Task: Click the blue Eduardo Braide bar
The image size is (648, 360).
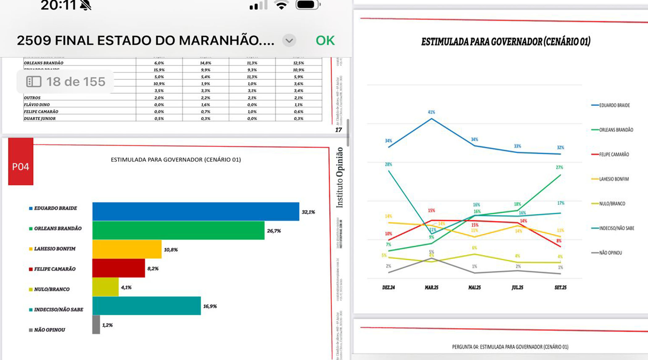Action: (196, 211)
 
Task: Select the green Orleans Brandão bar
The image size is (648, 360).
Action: (178, 230)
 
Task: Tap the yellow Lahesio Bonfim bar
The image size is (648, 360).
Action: (127, 249)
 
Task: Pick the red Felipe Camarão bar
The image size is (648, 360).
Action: (118, 268)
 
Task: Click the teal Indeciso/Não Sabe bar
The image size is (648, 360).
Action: (147, 306)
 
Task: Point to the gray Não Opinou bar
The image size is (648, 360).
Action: (96, 324)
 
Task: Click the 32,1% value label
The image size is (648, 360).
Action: (308, 212)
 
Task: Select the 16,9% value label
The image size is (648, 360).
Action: (210, 306)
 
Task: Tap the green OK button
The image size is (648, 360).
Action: (325, 40)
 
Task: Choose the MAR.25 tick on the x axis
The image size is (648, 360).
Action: (431, 287)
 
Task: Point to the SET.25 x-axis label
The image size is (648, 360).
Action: (560, 287)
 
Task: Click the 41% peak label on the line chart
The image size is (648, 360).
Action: (431, 112)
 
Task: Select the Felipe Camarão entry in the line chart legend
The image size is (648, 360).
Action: (614, 154)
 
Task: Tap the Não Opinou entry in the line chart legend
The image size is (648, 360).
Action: (610, 253)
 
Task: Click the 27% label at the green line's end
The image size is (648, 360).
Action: (559, 167)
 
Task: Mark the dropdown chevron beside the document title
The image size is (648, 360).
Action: (289, 40)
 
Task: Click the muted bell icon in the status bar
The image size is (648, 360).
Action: (85, 5)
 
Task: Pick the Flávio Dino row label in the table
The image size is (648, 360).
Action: (37, 105)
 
